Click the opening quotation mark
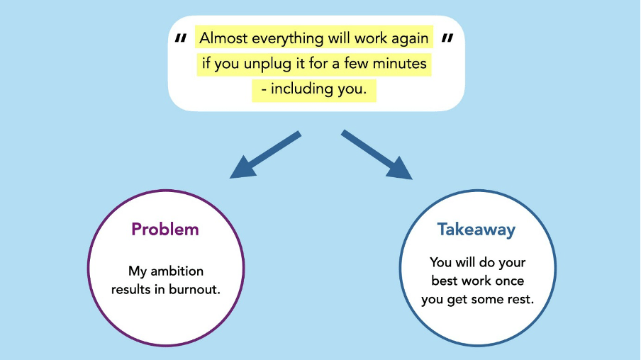(181, 38)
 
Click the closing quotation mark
(447, 38)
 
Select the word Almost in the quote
(223, 38)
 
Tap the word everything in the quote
(288, 39)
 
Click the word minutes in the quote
(400, 63)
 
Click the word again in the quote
(410, 39)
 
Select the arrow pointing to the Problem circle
(265, 155)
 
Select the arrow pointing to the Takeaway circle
(377, 155)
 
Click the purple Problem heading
(165, 229)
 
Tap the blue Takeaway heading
(476, 230)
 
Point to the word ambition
(177, 271)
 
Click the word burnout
(194, 289)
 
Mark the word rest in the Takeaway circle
(520, 299)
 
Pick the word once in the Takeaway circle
(509, 281)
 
